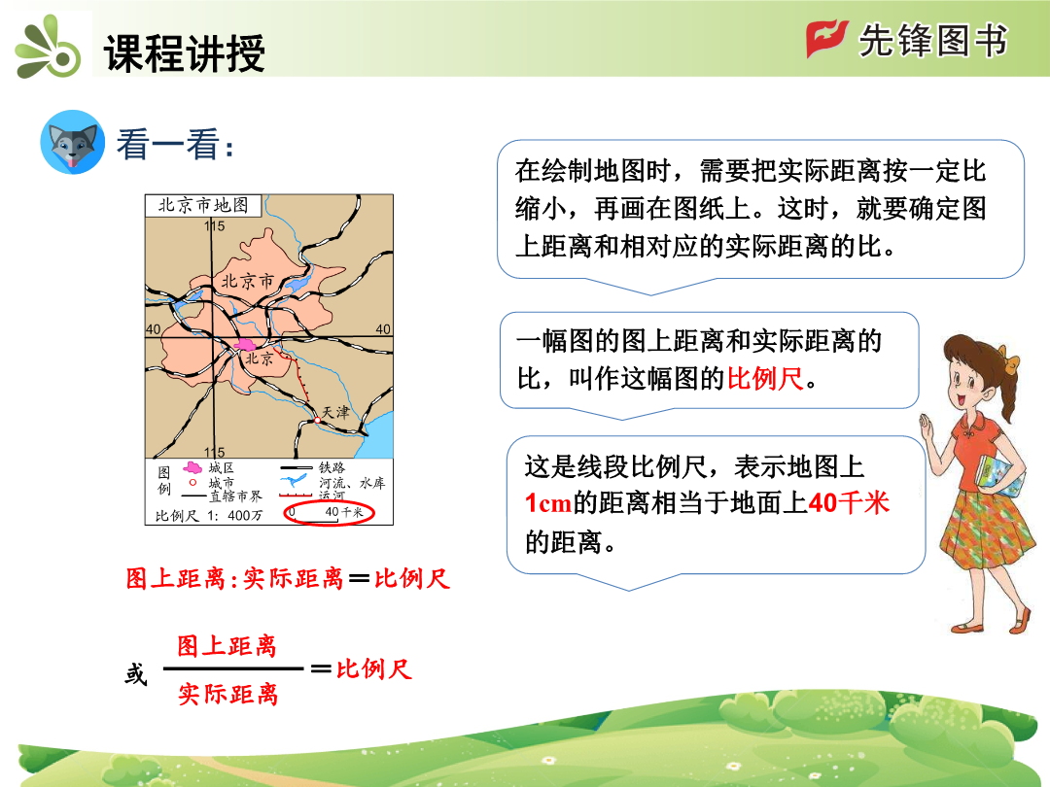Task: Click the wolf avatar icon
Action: (72, 143)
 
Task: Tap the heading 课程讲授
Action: (185, 52)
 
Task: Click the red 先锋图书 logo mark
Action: (827, 39)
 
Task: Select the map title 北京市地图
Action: (203, 205)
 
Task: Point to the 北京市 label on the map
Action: (248, 281)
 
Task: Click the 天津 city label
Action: (335, 412)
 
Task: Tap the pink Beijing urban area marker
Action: (245, 345)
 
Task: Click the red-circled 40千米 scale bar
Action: (329, 513)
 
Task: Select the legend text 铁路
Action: (332, 467)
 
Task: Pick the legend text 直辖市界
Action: (235, 496)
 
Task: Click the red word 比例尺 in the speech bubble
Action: (765, 379)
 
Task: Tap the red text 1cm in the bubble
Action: (547, 502)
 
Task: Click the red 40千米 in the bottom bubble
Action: (849, 502)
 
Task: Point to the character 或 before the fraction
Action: (136, 674)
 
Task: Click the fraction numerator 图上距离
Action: (227, 646)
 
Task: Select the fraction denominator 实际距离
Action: (227, 694)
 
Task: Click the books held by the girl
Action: (999, 476)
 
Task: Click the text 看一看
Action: (175, 144)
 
